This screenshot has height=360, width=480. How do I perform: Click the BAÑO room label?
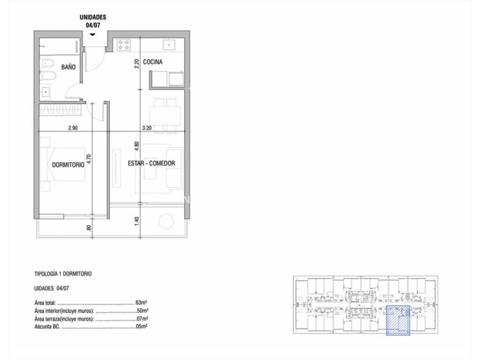click(x=68, y=67)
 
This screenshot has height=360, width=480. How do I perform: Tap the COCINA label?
click(x=153, y=62)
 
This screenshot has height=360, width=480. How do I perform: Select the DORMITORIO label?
click(x=68, y=165)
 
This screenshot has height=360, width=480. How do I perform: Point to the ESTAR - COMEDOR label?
click(x=151, y=163)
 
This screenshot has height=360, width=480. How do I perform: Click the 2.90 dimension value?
click(x=73, y=128)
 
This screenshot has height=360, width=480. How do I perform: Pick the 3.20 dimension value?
click(x=147, y=128)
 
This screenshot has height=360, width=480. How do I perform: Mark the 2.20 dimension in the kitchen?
click(x=137, y=63)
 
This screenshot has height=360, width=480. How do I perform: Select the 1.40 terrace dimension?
click(x=137, y=221)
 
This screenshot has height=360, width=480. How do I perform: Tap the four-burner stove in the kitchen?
click(x=124, y=45)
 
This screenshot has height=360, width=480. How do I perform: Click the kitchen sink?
click(x=169, y=45)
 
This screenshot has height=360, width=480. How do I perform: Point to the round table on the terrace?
click(x=166, y=221)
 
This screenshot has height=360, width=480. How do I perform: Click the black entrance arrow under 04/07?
click(x=93, y=35)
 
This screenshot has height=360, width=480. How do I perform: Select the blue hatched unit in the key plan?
click(x=398, y=320)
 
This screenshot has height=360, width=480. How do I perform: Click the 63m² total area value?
click(x=142, y=303)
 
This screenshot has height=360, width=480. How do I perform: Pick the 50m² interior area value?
click(x=142, y=311)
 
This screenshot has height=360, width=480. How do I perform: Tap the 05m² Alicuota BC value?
click(x=142, y=327)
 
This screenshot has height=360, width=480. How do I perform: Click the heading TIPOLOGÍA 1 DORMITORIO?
click(x=63, y=274)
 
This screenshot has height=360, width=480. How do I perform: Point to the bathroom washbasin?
click(x=45, y=91)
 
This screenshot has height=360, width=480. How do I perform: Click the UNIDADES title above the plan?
click(x=93, y=17)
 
